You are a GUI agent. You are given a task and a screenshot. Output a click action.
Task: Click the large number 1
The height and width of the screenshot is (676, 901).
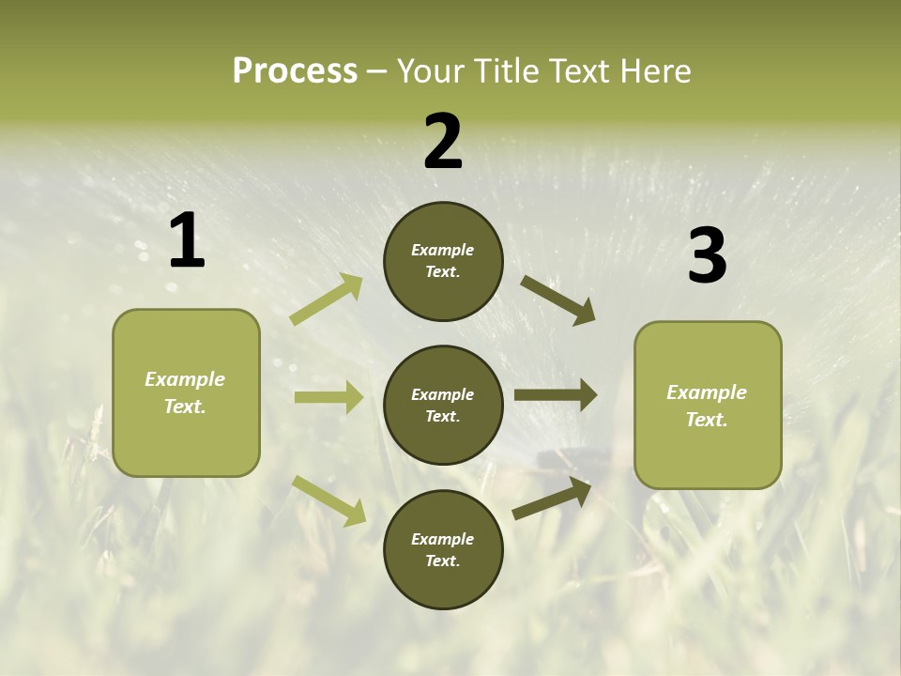(x=187, y=241)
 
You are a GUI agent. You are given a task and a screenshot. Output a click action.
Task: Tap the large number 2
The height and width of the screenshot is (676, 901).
(x=443, y=142)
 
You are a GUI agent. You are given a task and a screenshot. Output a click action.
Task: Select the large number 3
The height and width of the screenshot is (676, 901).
(x=707, y=256)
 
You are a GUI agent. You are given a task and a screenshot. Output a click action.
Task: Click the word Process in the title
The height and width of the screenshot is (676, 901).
(x=295, y=71)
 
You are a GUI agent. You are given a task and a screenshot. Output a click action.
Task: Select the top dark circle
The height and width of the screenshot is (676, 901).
(x=443, y=261)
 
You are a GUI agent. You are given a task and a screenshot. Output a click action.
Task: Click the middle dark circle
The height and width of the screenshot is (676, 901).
(x=443, y=405)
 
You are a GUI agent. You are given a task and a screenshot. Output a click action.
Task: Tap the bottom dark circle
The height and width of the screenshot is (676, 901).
(x=443, y=549)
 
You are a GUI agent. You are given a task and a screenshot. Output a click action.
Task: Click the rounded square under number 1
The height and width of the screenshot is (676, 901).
(x=186, y=392)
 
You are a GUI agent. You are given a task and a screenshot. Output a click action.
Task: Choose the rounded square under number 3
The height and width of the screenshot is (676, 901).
(x=708, y=405)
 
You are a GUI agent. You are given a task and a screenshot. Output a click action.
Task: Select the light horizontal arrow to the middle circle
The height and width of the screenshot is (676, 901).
(x=328, y=397)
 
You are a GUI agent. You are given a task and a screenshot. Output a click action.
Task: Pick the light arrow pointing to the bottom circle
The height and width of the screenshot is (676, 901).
(x=329, y=499)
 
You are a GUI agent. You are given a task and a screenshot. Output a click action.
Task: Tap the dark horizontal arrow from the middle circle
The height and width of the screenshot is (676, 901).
(x=556, y=394)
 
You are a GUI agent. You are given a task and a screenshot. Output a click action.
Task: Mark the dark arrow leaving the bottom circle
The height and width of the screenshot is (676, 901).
(x=553, y=498)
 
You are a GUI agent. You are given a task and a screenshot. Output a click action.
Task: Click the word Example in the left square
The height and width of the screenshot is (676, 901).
(x=185, y=379)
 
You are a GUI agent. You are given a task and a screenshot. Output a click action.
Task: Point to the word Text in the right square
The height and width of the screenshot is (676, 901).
(x=706, y=420)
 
